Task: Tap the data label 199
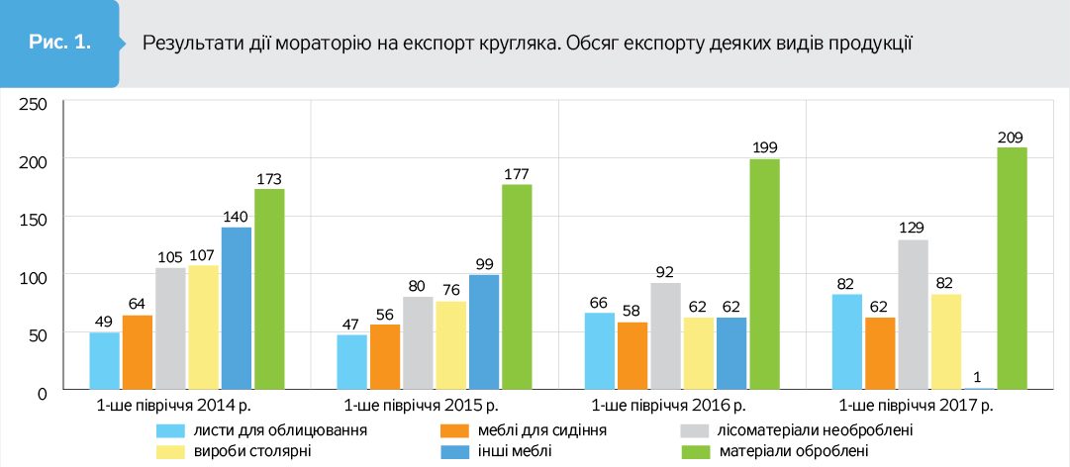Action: (764, 148)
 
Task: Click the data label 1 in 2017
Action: (979, 376)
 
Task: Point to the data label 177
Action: (517, 173)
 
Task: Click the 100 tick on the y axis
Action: (34, 276)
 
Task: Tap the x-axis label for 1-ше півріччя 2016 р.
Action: (668, 407)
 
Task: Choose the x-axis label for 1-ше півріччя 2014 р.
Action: (173, 407)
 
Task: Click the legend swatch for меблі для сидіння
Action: (453, 431)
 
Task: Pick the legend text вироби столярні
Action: (253, 450)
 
